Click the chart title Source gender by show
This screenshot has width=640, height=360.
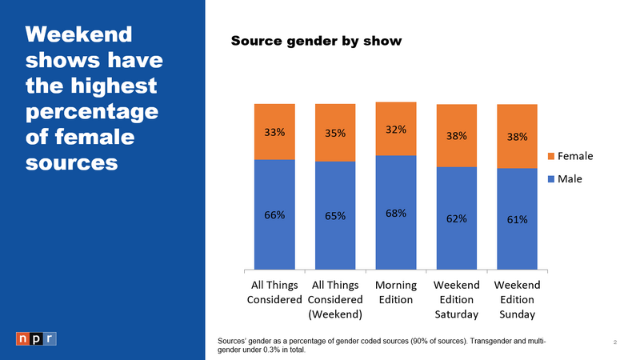coord(316,40)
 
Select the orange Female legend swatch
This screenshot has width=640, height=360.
coord(550,156)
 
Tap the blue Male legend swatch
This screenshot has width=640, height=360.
coord(550,178)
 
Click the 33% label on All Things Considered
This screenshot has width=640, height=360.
coord(274,133)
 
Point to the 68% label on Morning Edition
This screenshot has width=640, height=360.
coord(396,214)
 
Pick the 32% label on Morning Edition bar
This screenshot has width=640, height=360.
coord(396,129)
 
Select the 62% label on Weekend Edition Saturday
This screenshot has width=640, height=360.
coord(456,218)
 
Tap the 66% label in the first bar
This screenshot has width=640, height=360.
coord(274,214)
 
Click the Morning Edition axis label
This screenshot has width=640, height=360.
coord(395,292)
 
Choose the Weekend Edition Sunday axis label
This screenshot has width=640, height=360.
coord(517,299)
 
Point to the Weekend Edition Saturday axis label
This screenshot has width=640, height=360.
coord(456,299)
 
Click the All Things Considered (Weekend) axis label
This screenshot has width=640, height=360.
coord(335,299)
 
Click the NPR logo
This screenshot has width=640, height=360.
coord(36,338)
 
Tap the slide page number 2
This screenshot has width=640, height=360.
coord(614,342)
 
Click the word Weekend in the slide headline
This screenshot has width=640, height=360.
coord(78,35)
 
